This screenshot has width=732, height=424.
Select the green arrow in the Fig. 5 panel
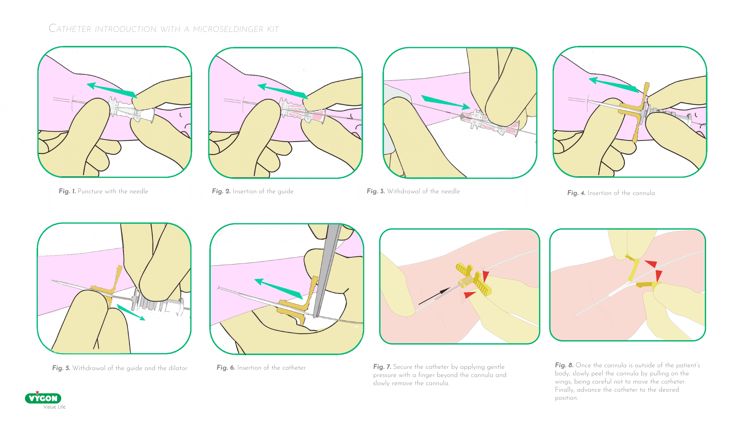[x=131, y=312]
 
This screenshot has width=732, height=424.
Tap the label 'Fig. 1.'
[x=67, y=191]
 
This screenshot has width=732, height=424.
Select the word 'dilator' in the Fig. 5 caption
[x=178, y=368]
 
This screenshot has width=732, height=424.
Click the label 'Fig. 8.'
[x=564, y=365]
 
